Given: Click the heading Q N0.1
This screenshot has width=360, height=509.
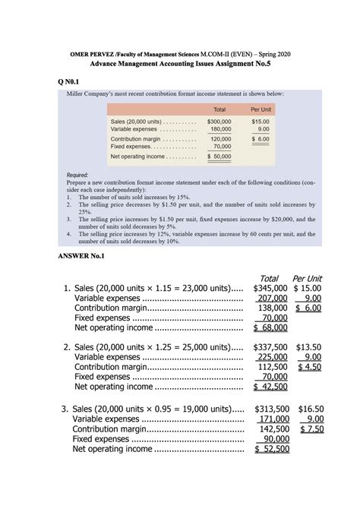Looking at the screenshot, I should click(71, 81).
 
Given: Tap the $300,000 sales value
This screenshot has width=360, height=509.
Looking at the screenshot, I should click(219, 121).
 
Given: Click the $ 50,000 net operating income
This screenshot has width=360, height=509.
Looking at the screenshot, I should click(219, 156).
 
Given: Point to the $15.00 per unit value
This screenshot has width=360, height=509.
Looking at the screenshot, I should click(260, 121).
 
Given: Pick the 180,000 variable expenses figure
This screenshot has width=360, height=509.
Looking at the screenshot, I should click(222, 129).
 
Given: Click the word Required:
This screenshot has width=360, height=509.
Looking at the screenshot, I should click(78, 175).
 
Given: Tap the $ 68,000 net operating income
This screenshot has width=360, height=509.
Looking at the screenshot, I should click(271, 327).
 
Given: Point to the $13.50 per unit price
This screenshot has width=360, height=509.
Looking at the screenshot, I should click(308, 346).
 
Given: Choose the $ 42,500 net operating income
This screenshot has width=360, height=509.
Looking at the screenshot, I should click(271, 386).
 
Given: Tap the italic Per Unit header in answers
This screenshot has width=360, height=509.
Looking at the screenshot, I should click(308, 278).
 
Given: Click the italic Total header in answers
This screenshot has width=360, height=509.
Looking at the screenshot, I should click(270, 278).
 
